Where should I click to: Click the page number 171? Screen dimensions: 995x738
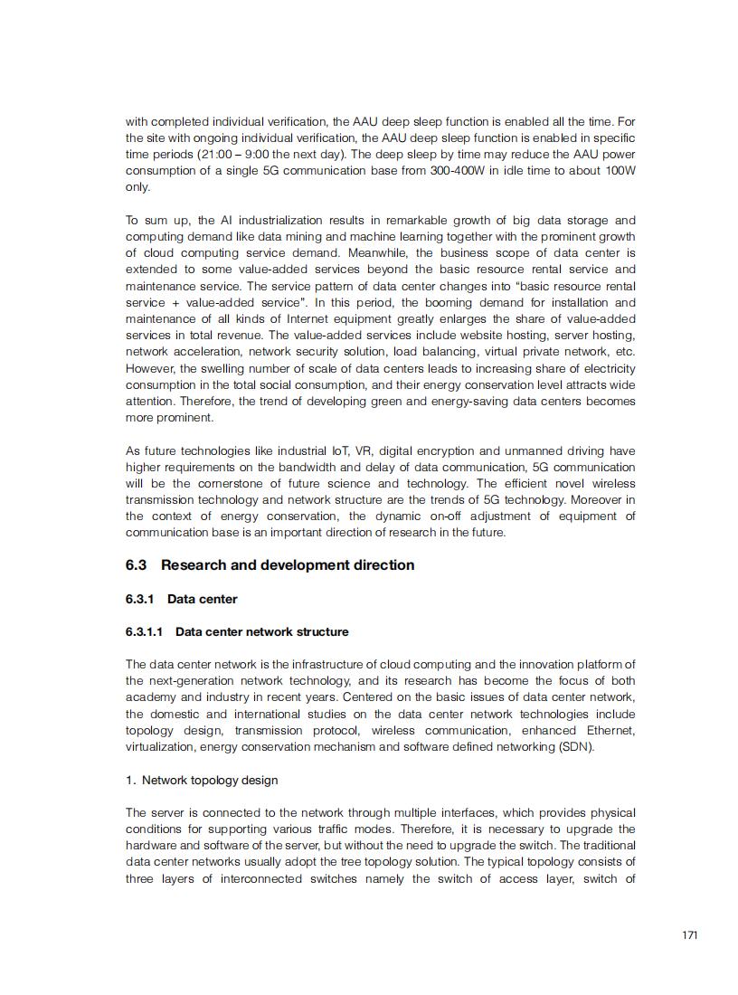pyautogui.click(x=690, y=935)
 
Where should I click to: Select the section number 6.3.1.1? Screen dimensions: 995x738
pyautogui.click(x=146, y=631)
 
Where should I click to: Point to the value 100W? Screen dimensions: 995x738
pyautogui.click(x=619, y=171)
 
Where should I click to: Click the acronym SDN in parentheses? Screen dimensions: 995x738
pyautogui.click(x=574, y=747)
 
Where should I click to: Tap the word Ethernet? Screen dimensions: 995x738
pyautogui.click(x=610, y=731)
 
